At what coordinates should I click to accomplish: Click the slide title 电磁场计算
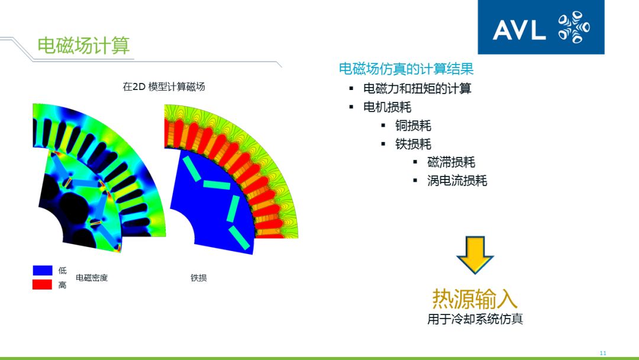point(83,46)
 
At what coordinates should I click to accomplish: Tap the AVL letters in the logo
point(519,30)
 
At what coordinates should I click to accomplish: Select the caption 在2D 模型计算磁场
point(164,86)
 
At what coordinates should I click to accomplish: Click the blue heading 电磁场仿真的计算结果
point(406,69)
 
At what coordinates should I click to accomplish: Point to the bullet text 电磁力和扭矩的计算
point(417,89)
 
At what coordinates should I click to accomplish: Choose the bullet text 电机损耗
point(387,107)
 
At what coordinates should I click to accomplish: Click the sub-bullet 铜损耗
point(413,126)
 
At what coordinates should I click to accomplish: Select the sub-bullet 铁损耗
point(413,144)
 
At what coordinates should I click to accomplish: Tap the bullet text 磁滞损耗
point(451,162)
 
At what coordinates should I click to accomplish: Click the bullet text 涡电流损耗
point(457,181)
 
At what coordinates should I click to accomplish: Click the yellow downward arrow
point(475,255)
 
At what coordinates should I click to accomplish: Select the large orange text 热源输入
point(475,298)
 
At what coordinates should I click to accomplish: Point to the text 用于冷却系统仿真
point(475,319)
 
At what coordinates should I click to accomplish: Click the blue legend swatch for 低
point(43,271)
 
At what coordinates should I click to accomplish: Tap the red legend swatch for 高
point(43,285)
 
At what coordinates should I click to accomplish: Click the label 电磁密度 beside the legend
point(92,278)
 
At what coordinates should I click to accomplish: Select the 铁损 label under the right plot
point(198,278)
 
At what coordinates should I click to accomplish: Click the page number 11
point(603,353)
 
